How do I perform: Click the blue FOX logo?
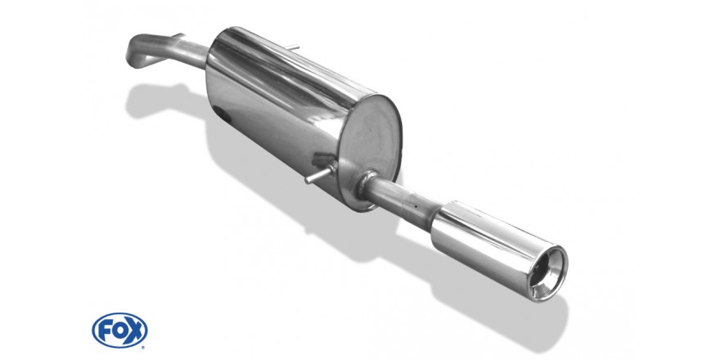119,331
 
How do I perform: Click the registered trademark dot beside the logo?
143,347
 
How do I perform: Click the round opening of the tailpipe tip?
548,274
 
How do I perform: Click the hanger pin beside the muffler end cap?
320,174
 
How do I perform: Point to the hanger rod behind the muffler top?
292,47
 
